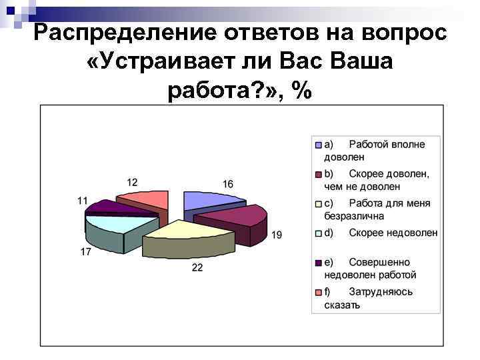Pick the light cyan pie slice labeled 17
(110, 224)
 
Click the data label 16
(228, 183)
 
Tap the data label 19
(276, 235)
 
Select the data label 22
(197, 267)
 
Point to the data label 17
(86, 251)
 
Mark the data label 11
(83, 200)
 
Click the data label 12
(133, 182)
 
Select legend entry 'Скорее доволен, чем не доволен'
(377, 180)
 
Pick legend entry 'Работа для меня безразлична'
(377, 209)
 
